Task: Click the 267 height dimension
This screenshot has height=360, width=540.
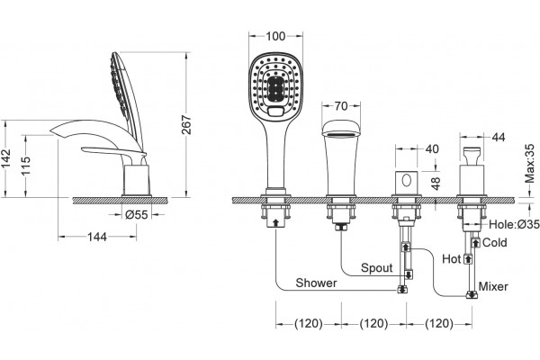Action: [186, 125]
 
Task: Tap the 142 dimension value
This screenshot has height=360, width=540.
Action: [6, 158]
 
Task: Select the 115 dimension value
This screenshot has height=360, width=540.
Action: [25, 166]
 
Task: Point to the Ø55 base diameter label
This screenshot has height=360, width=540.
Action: [137, 214]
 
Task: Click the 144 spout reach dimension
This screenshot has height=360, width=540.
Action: [97, 237]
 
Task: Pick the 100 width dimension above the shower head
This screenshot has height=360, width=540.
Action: [275, 36]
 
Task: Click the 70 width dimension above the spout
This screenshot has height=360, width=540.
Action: [341, 106]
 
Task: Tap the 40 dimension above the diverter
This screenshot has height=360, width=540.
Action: [432, 148]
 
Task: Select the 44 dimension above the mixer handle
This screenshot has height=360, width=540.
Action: [498, 137]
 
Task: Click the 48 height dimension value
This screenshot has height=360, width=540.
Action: [436, 184]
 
